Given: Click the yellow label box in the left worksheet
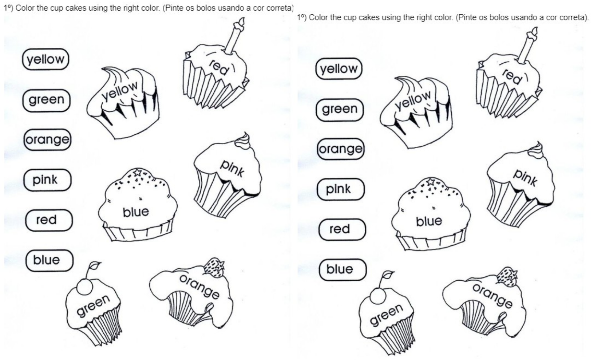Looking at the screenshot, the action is (x=46, y=59).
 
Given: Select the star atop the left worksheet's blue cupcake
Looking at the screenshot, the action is (x=137, y=172).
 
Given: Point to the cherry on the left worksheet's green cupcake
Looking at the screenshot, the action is (x=85, y=287).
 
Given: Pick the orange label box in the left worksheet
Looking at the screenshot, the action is (x=47, y=139).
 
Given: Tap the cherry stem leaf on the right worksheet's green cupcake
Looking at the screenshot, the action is (x=388, y=274).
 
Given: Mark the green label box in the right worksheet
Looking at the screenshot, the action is (x=340, y=110).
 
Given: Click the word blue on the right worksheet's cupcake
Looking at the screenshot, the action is (x=429, y=221).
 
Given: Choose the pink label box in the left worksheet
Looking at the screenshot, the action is (x=47, y=180).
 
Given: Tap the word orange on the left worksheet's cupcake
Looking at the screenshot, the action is (x=199, y=286).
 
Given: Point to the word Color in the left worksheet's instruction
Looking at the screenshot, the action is (x=25, y=8).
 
